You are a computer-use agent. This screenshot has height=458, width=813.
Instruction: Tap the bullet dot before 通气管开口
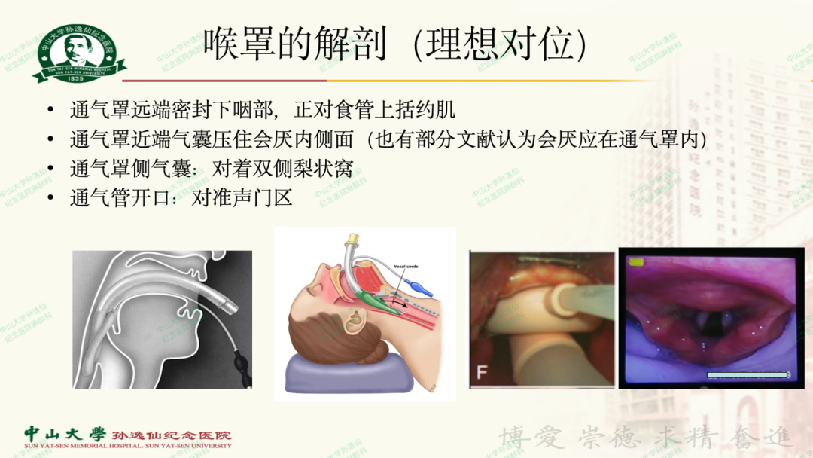pyautogui.click(x=50, y=198)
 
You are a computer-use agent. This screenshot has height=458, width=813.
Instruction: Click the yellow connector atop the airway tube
pyautogui.click(x=351, y=245)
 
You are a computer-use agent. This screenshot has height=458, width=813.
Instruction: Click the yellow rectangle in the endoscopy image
pyautogui.click(x=636, y=262)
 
